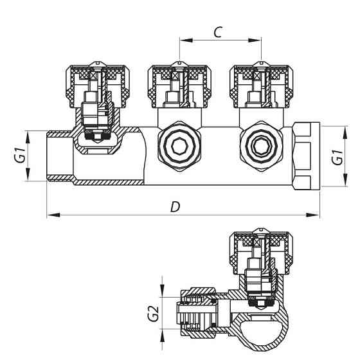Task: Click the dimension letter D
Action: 174,206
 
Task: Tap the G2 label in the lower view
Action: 152,313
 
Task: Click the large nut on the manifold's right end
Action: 305,156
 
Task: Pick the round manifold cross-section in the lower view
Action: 264,330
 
